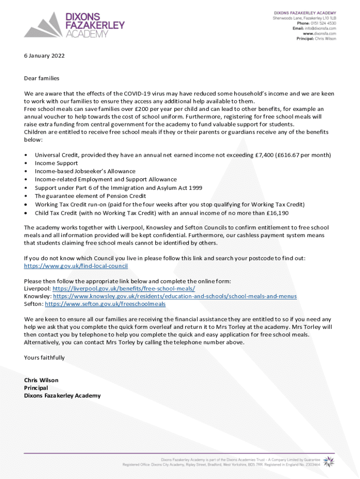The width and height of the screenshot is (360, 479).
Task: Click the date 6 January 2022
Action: (44, 56)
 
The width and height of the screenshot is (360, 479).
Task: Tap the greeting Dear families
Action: (42, 78)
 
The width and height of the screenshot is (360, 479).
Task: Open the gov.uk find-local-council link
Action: (76, 266)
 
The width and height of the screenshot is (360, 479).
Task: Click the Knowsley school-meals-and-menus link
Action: (175, 296)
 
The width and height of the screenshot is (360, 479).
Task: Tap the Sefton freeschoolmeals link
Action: (105, 304)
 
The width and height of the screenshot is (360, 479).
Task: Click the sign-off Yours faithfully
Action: (44, 357)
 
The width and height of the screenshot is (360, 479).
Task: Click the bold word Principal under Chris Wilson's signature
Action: (36, 388)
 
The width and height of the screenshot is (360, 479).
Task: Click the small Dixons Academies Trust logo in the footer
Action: (329, 461)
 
